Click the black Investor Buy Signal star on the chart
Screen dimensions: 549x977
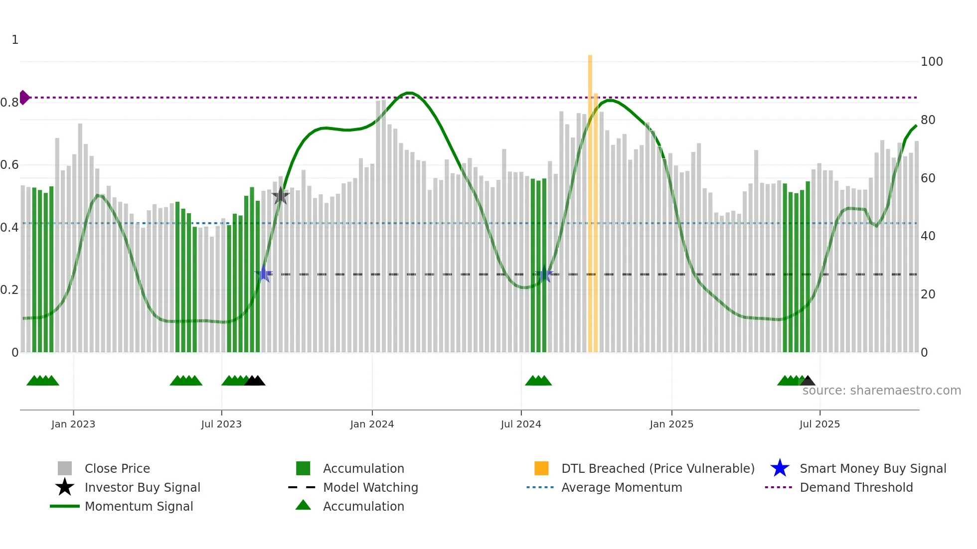pyautogui.click(x=281, y=196)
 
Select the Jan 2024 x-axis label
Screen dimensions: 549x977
pyautogui.click(x=372, y=424)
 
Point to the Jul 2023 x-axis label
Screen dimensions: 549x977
pyautogui.click(x=221, y=424)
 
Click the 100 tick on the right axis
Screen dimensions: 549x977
pyautogui.click(x=932, y=62)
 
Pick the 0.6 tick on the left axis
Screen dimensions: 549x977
pyautogui.click(x=9, y=165)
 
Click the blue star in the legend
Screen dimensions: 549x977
pyautogui.click(x=780, y=468)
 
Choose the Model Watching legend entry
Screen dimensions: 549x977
pyautogui.click(x=370, y=487)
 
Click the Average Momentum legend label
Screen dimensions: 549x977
pyautogui.click(x=622, y=487)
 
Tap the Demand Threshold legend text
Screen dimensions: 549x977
pyautogui.click(x=856, y=487)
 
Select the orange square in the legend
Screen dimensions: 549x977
pyautogui.click(x=541, y=468)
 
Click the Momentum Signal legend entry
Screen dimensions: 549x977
pyautogui.click(x=139, y=506)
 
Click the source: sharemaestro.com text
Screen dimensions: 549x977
pyautogui.click(x=881, y=391)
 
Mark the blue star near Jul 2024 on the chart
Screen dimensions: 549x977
pyautogui.click(x=544, y=274)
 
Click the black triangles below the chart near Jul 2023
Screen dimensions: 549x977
pyautogui.click(x=255, y=381)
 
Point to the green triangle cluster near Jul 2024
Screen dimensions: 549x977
pyautogui.click(x=538, y=381)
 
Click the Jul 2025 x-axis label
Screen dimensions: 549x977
pyautogui.click(x=819, y=424)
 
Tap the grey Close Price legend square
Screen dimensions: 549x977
pyautogui.click(x=65, y=468)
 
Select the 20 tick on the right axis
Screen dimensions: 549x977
pyautogui.click(x=928, y=294)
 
